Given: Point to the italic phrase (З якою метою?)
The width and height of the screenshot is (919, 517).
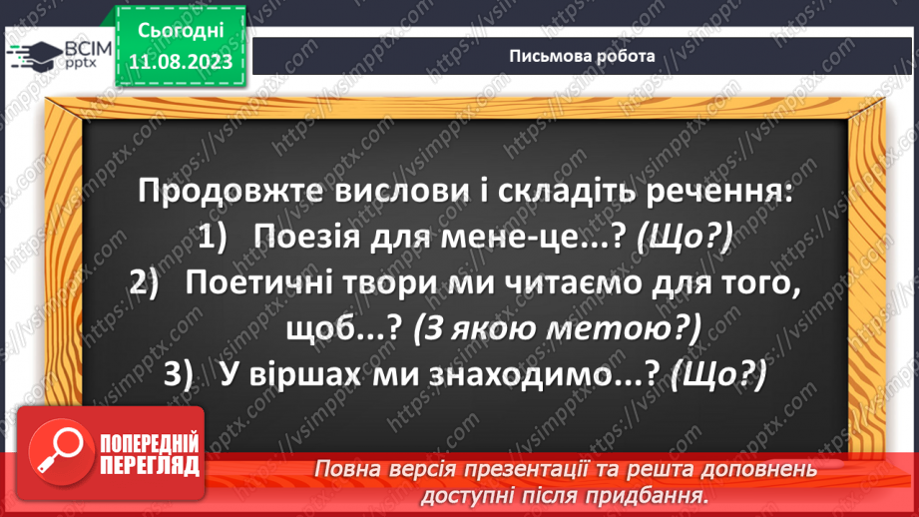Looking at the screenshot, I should (557, 327).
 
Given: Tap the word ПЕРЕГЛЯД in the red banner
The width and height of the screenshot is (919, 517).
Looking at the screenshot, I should (148, 465).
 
